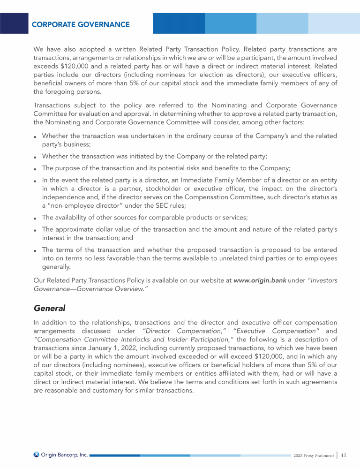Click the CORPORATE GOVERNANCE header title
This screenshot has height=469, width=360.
tap(81, 24)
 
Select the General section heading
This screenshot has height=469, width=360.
tap(50, 309)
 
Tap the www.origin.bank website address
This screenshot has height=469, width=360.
tap(260, 280)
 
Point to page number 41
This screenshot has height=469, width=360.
tap(344, 455)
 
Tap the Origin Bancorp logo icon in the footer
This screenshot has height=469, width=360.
tap(37, 454)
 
